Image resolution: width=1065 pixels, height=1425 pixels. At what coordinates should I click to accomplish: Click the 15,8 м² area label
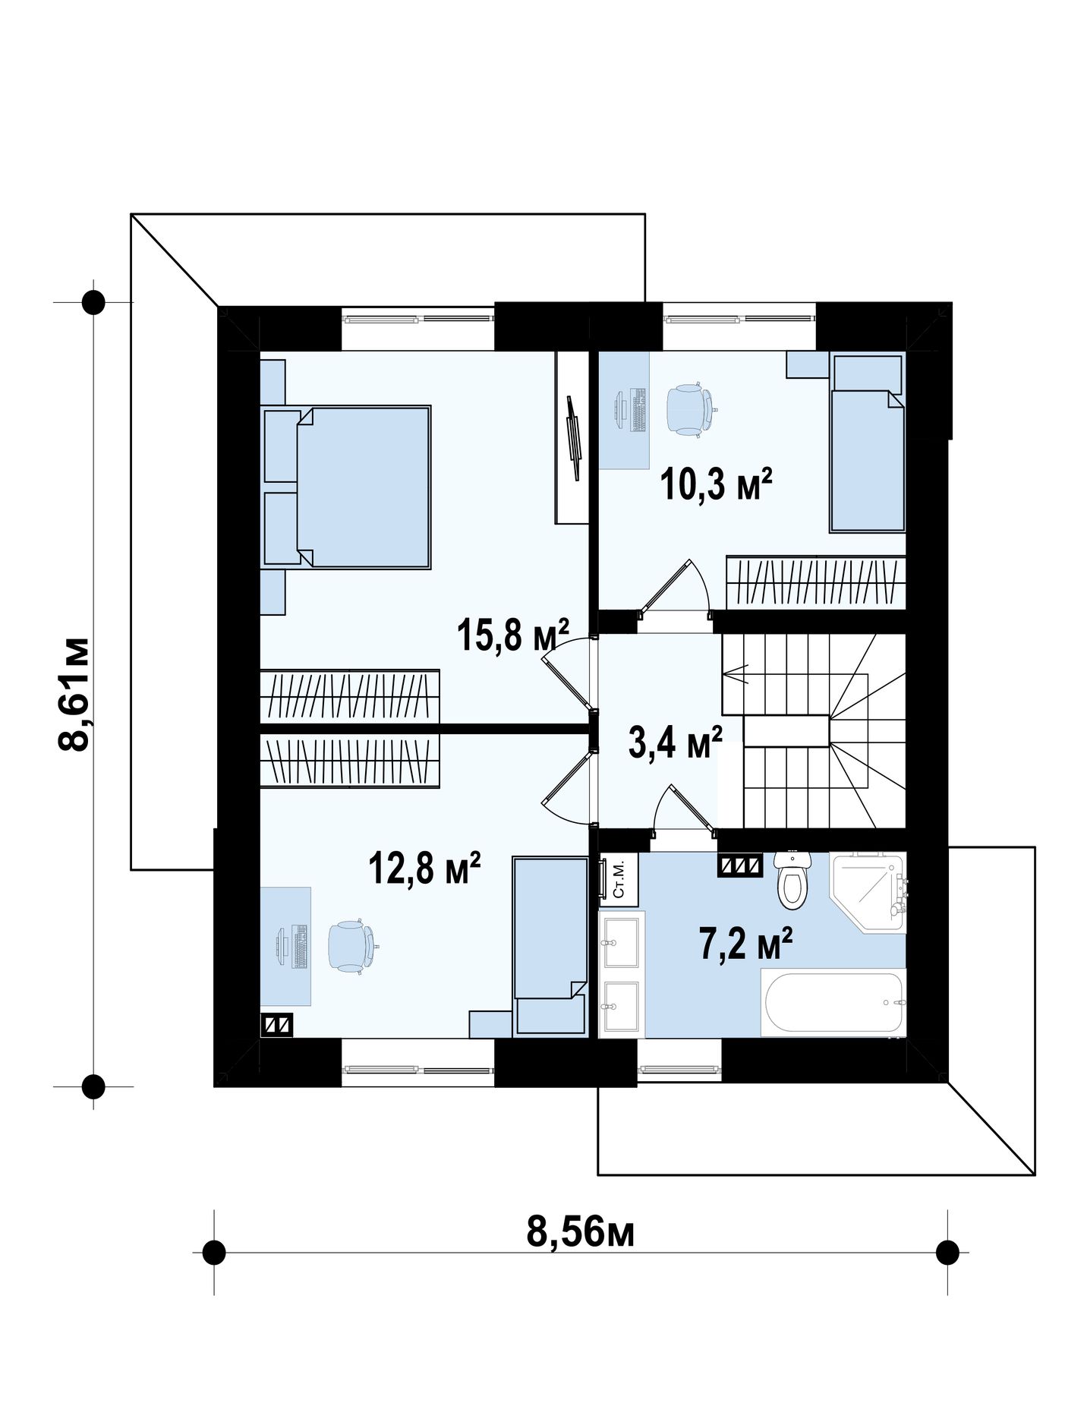512,635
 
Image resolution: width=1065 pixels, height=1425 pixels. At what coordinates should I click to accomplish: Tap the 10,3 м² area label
716,484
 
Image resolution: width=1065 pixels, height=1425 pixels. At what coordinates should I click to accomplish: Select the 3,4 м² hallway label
675,742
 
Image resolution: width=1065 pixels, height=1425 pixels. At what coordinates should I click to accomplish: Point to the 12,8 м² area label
424,868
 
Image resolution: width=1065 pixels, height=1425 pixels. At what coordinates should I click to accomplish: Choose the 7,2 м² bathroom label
746,944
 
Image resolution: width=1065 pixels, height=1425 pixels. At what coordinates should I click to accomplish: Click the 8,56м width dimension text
581,1231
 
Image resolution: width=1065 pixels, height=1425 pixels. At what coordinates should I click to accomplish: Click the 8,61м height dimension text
74,694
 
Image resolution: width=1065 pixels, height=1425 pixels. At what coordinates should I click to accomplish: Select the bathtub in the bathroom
833,1002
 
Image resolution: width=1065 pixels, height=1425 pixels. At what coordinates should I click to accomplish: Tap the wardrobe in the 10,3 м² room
816,583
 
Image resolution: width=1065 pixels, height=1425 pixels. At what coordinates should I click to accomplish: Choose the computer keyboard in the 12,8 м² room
299,946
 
